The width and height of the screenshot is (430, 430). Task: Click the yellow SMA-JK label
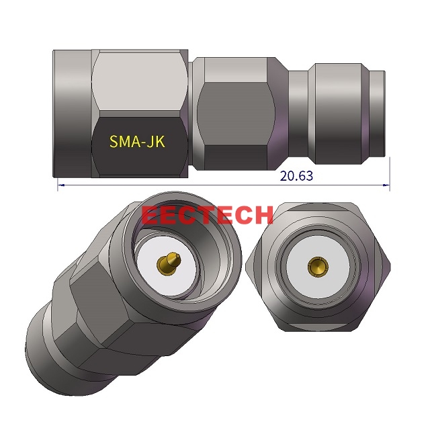click(x=137, y=142)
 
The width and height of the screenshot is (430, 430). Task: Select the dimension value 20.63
click(x=296, y=176)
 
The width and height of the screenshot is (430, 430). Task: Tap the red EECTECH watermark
click(x=208, y=215)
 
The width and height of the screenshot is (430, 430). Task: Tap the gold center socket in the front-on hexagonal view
click(x=315, y=267)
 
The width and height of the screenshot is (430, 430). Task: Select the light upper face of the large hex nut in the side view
click(x=140, y=81)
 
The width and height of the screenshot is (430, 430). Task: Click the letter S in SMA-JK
click(x=114, y=142)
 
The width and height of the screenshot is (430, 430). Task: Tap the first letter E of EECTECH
click(x=150, y=215)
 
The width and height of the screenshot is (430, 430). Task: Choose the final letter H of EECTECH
click(x=264, y=215)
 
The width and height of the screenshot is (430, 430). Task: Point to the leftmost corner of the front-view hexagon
click(x=248, y=267)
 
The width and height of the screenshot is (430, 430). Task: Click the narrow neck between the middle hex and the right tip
click(x=298, y=113)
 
